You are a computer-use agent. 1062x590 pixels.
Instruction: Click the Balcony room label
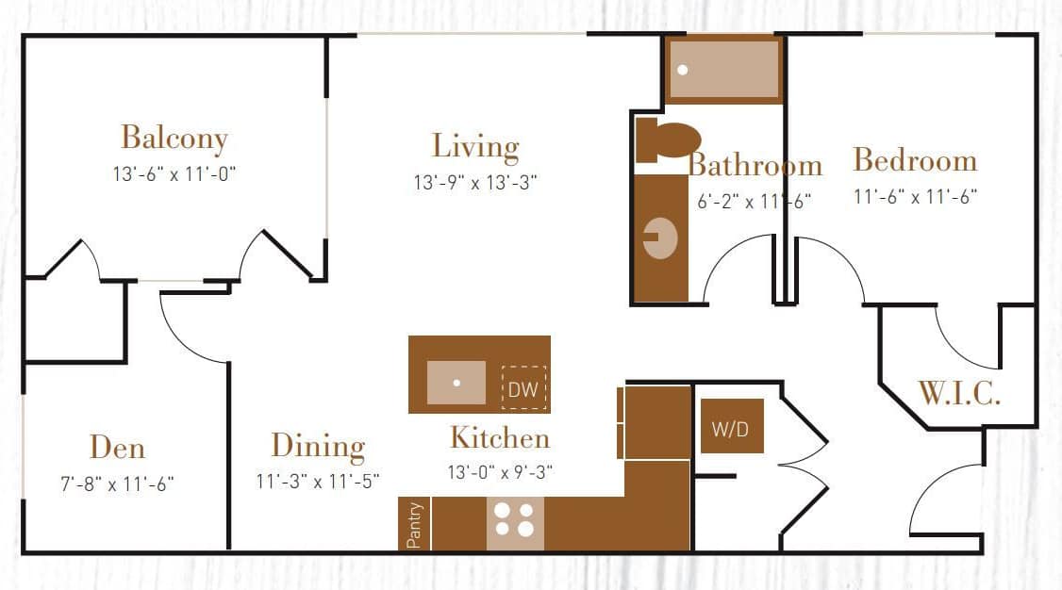[x=174, y=138]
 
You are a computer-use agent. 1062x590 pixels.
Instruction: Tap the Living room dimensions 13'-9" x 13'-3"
[x=475, y=182]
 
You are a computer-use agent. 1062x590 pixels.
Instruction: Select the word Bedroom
[x=915, y=160]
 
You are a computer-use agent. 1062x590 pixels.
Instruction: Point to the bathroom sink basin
[x=660, y=238]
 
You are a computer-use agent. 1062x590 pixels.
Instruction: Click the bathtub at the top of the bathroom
[x=723, y=70]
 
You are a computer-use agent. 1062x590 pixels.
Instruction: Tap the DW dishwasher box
[x=523, y=387]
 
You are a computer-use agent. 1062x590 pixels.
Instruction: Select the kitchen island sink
[x=456, y=383]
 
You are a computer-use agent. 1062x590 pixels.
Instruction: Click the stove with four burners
[x=515, y=519]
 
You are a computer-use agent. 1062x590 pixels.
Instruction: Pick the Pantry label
[x=414, y=524]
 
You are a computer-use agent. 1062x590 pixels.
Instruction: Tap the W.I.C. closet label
[x=959, y=393]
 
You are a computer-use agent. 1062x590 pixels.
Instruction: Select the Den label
[x=117, y=447]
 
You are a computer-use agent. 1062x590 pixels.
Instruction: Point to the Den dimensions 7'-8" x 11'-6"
[x=117, y=483]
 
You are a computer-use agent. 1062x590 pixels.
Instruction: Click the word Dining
[x=318, y=445]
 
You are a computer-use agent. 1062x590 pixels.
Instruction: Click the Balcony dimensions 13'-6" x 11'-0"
[x=174, y=173]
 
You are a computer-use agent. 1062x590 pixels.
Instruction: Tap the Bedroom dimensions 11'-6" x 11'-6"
[x=915, y=196]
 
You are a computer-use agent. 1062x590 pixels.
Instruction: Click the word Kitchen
[x=499, y=438]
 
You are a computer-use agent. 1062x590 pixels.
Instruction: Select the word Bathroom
[x=755, y=166]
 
